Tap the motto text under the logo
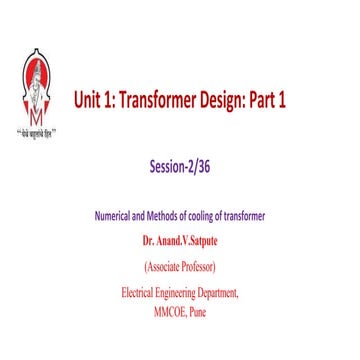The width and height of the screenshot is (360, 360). click(40, 131)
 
